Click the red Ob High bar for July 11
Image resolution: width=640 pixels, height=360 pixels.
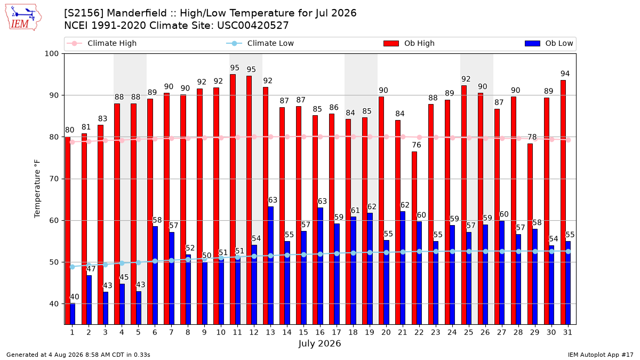tap(233, 199)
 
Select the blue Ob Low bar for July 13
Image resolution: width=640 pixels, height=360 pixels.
tap(271, 266)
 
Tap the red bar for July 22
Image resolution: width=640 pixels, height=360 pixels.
tap(414, 238)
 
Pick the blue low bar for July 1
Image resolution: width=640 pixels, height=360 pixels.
tap(73, 314)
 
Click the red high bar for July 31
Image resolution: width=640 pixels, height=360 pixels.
tap(563, 202)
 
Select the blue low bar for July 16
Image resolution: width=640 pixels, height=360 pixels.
tap(321, 266)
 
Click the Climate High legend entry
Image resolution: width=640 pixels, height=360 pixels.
tap(102, 43)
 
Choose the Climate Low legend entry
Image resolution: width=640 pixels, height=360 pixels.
tap(260, 43)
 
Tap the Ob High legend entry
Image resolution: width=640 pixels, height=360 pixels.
tap(409, 43)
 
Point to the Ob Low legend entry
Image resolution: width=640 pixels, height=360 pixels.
tap(549, 43)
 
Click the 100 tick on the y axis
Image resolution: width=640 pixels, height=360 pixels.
tap(51, 54)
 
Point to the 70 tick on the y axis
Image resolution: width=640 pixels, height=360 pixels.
tap(54, 179)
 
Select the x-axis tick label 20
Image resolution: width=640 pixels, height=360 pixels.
tap(386, 332)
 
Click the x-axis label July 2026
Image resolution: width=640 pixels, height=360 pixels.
tap(319, 343)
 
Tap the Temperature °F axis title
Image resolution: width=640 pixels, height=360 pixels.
tap(37, 189)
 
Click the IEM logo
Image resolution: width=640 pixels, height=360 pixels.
tap(23, 18)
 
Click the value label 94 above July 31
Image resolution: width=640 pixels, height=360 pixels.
tap(565, 74)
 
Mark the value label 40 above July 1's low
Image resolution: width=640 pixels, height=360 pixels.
tap(75, 297)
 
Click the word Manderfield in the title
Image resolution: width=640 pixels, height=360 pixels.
tap(137, 13)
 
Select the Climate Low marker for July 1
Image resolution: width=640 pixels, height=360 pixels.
tap(73, 267)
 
